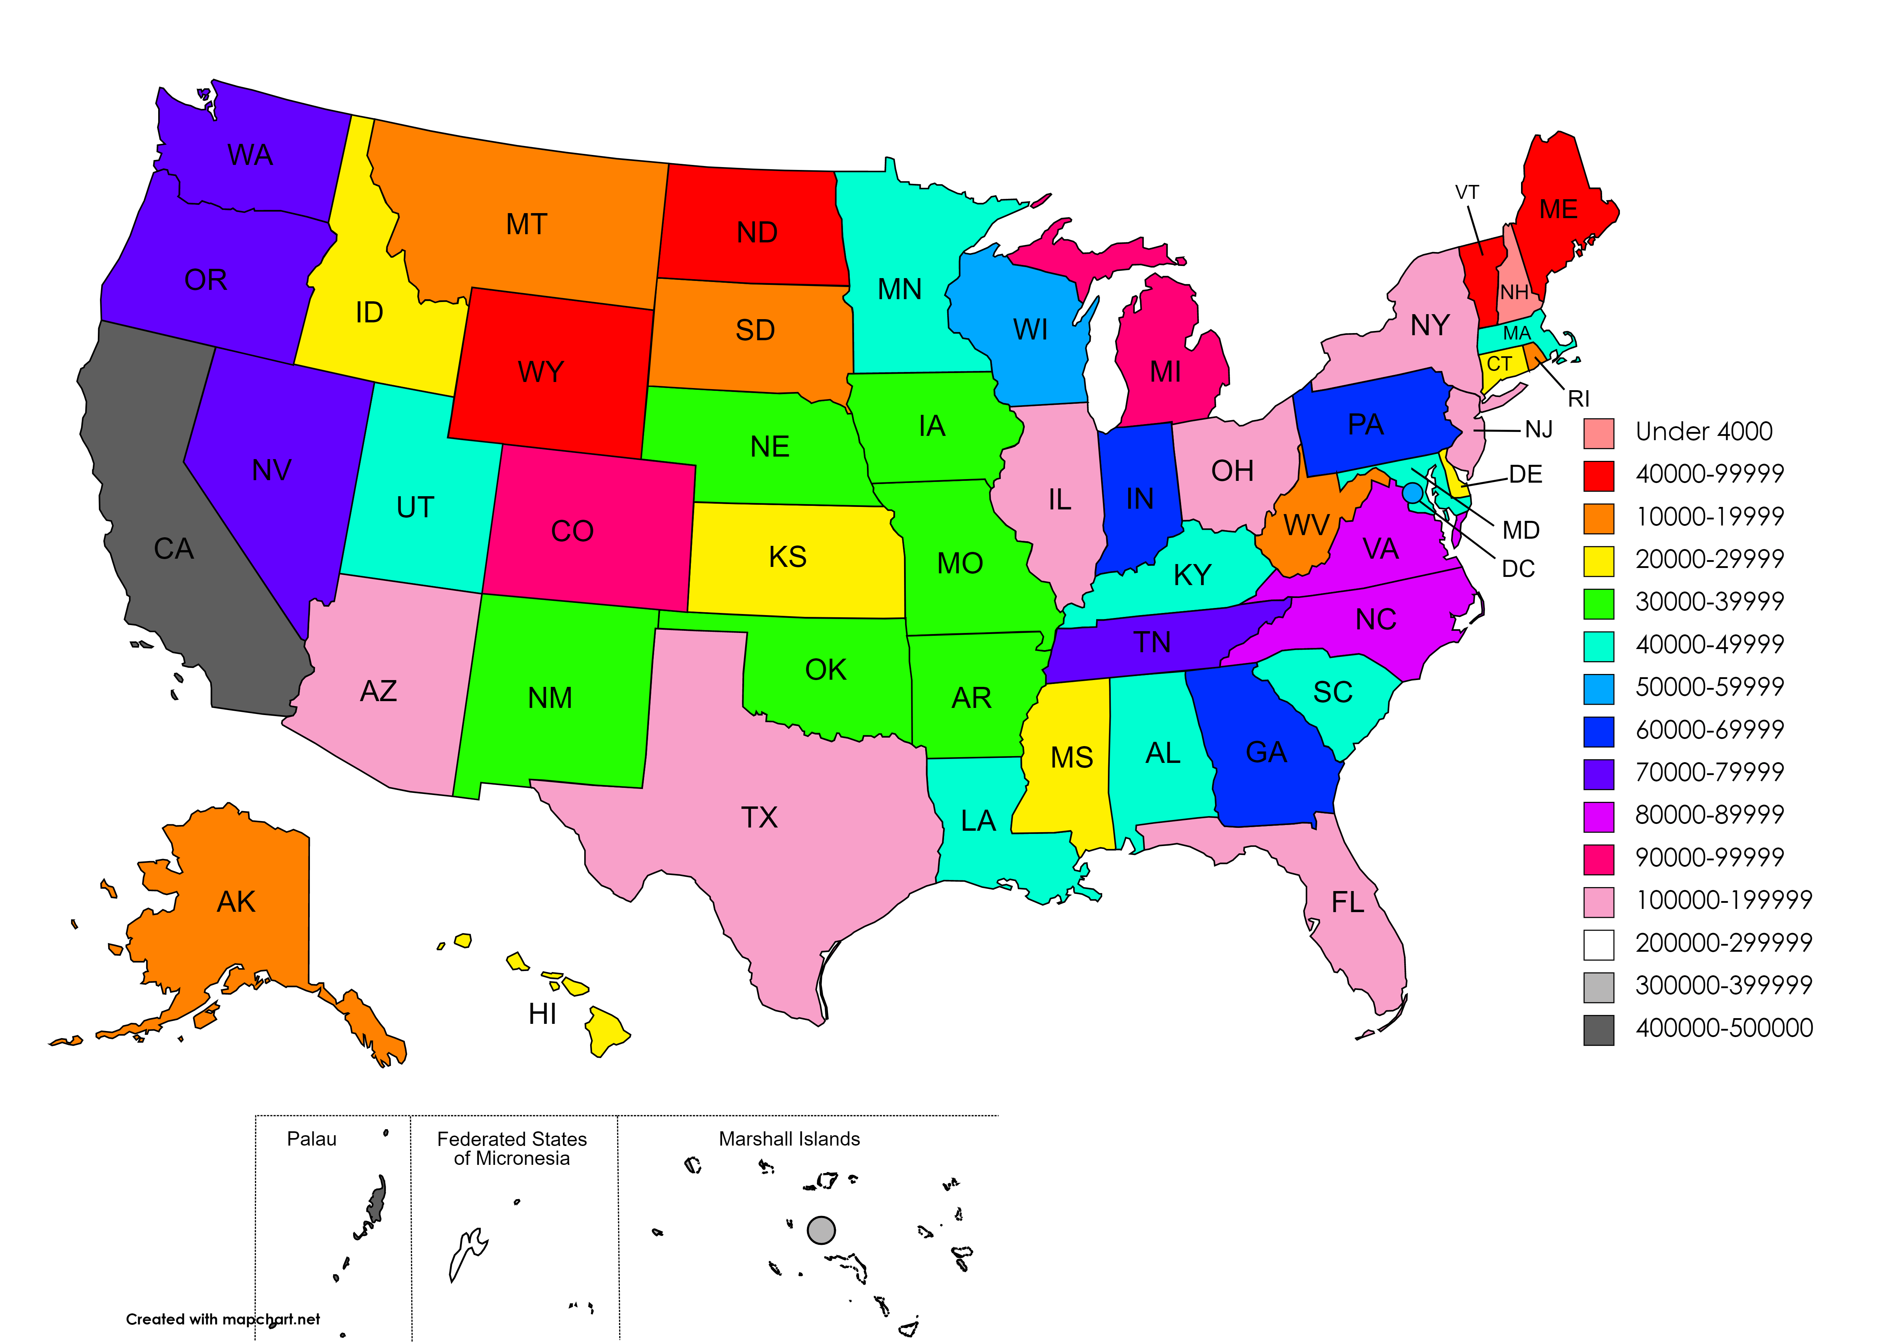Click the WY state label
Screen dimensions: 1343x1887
[541, 372]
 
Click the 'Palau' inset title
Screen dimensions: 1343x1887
[312, 1140]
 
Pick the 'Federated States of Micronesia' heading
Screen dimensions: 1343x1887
[512, 1149]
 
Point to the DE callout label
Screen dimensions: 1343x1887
[1525, 475]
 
